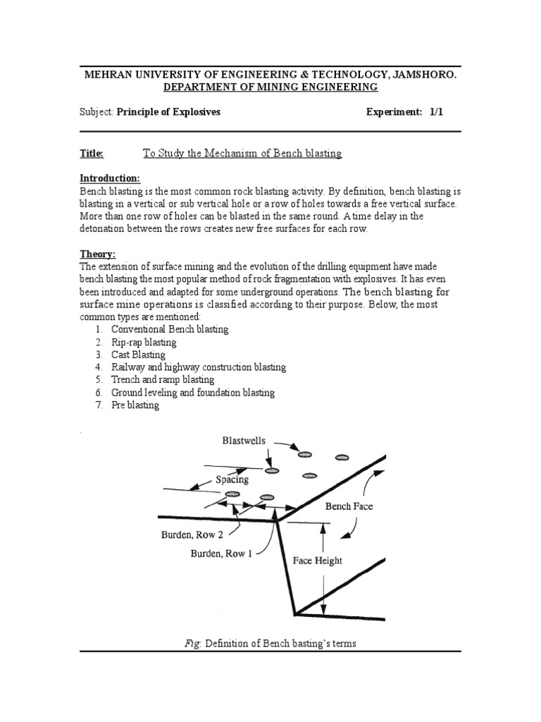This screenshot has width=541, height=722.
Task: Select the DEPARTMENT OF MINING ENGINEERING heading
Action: point(270,87)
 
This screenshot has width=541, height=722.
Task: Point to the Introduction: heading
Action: point(110,178)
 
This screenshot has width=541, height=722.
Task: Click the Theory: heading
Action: point(97,254)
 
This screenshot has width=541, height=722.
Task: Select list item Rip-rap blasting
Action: point(144,342)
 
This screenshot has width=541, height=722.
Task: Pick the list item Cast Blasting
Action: point(138,355)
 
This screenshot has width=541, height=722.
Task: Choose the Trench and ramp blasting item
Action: point(163,380)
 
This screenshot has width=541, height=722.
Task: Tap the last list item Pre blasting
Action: point(135,405)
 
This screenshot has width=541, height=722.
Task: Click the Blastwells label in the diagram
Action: point(244,441)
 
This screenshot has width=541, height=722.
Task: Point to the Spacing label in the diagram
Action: point(232,479)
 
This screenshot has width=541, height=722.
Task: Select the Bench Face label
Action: point(349,506)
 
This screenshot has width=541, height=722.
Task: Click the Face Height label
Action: point(317,561)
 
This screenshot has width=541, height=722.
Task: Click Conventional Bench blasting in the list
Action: point(170,329)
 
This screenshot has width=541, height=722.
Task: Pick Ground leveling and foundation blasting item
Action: point(193,393)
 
